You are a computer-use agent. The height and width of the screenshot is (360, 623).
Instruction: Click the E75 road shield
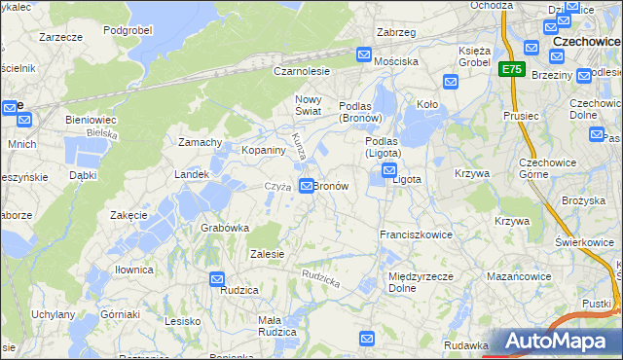513,69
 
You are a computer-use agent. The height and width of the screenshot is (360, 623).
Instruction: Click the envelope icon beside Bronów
307,185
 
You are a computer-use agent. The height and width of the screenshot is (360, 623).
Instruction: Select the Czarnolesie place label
302,71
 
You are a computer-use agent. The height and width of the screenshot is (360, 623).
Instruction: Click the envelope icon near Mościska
364,55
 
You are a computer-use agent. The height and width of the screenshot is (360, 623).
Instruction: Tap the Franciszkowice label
415,235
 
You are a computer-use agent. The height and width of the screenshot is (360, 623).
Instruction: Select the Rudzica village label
238,290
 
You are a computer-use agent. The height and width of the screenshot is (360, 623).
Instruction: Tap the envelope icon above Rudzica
217,279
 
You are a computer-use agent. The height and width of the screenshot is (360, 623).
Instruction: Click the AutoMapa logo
559,342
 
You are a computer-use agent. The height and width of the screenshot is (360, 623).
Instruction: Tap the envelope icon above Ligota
388,170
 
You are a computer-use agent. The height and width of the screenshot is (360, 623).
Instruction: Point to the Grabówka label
225,228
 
